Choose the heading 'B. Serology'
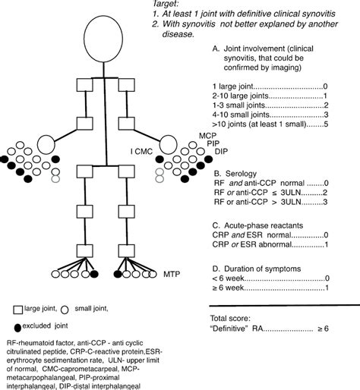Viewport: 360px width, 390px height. coord(230,173)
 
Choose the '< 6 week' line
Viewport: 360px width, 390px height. coord(231,278)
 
